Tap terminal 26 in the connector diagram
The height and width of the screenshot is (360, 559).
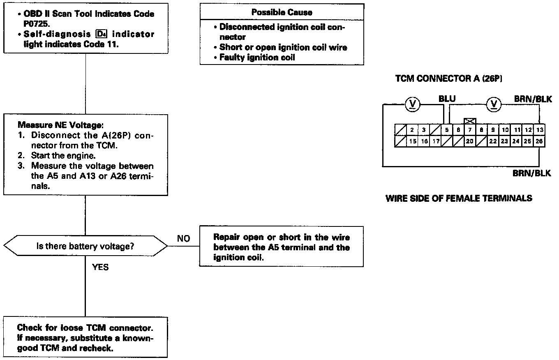[x=540, y=141]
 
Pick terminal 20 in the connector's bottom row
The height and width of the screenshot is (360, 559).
[x=470, y=141]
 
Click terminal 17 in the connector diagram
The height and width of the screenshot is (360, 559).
[x=435, y=141]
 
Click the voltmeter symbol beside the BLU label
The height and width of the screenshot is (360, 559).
[x=412, y=104]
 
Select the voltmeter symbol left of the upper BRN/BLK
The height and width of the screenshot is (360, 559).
[x=494, y=104]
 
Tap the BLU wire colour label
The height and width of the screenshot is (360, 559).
[x=447, y=99]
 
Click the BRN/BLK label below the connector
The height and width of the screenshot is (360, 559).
[x=531, y=173]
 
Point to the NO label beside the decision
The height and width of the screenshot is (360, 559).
[x=183, y=239]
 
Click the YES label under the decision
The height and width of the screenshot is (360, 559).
[x=100, y=267]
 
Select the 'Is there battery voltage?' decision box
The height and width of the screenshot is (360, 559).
[x=85, y=247]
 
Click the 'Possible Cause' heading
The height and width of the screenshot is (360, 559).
[x=282, y=12]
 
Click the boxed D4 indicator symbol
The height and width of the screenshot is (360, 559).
[x=100, y=34]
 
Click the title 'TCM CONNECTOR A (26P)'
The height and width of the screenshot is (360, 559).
[x=448, y=78]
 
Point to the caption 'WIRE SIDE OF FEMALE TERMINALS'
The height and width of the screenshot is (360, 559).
[x=459, y=198]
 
